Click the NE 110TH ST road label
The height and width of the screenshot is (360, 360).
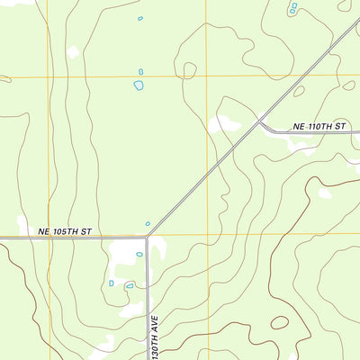(319, 127)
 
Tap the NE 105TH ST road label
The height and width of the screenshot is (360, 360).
(66, 231)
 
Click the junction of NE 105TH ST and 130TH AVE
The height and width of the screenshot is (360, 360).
(147, 238)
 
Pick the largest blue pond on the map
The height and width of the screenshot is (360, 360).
(139, 85)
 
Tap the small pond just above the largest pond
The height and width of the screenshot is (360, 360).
(140, 72)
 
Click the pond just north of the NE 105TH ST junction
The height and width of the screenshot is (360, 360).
(148, 224)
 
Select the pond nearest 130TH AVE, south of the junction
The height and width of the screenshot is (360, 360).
(139, 254)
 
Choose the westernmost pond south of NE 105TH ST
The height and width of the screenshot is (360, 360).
(112, 283)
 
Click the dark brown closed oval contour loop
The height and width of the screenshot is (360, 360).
(280, 322)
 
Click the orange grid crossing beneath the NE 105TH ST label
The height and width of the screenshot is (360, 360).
(49, 236)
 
